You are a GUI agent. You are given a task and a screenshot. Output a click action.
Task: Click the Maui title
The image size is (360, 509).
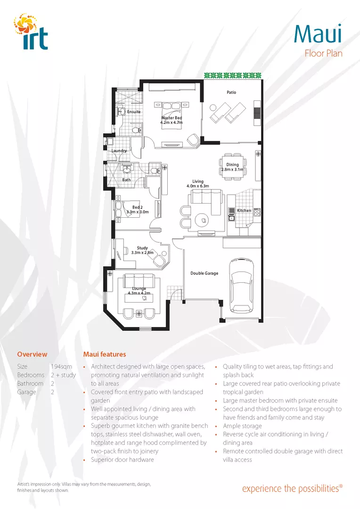click(x=318, y=33)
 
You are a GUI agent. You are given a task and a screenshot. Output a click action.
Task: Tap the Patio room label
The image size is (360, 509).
click(x=231, y=92)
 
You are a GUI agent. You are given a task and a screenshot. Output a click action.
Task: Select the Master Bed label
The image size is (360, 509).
click(x=171, y=118)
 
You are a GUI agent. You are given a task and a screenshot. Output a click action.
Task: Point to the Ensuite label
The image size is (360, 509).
click(x=134, y=112)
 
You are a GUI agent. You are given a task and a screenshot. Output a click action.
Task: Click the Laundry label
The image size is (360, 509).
click(x=119, y=151)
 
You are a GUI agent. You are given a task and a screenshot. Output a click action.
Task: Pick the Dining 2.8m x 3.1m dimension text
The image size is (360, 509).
click(x=232, y=169)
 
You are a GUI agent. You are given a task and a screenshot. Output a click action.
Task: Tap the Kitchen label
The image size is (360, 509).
click(x=244, y=211)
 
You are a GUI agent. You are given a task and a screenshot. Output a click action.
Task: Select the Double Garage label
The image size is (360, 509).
click(x=204, y=273)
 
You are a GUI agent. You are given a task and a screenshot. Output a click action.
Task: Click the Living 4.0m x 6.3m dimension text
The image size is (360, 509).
click(x=197, y=186)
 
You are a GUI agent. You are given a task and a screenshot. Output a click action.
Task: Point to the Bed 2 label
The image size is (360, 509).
click(x=137, y=207)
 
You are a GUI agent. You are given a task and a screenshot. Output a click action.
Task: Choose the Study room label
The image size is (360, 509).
click(x=142, y=248)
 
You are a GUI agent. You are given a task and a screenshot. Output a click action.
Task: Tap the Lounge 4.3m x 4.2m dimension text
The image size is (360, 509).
click(x=139, y=293)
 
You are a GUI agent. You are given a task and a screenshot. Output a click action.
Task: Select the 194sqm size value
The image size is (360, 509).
click(x=59, y=367)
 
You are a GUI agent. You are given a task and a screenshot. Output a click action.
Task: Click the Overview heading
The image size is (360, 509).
click(x=32, y=354)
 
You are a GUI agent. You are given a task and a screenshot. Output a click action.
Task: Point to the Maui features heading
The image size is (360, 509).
click(x=105, y=354)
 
